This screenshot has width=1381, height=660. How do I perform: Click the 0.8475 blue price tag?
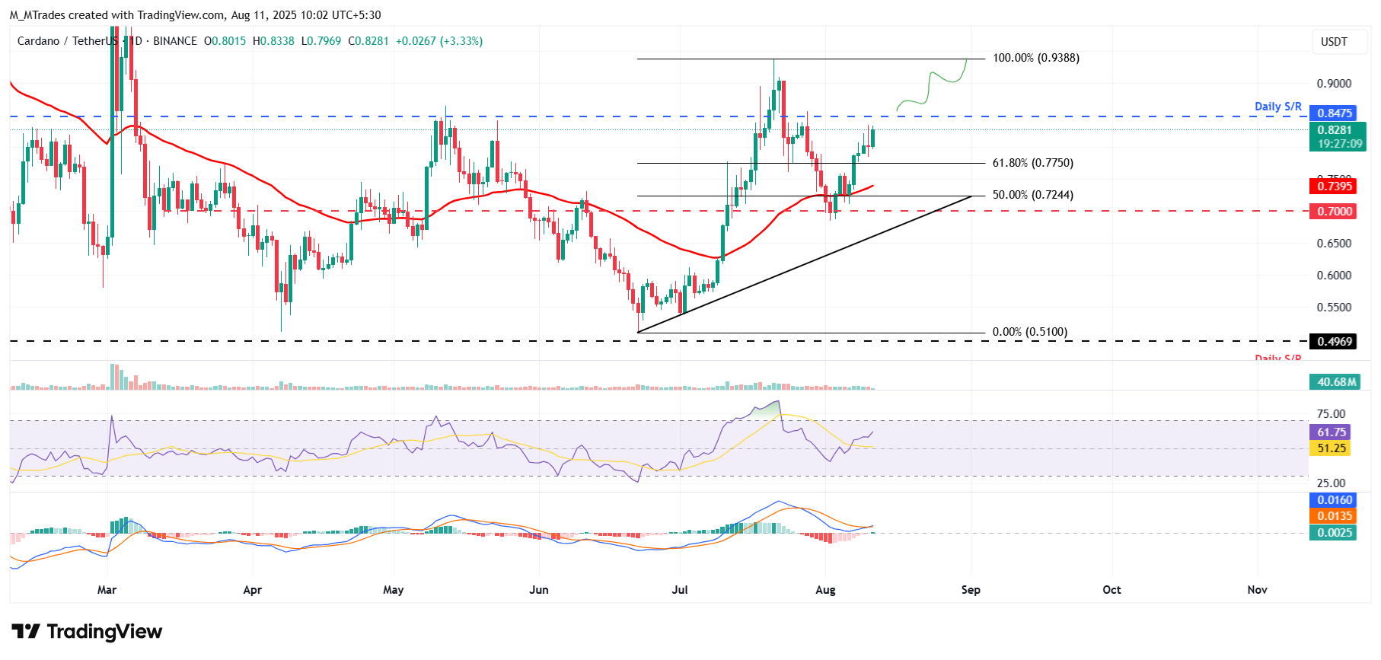1335,113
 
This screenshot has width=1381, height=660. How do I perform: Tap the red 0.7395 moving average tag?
1335,187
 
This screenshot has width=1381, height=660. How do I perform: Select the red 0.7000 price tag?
1335,212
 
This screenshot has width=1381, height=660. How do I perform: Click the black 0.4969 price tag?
1335,342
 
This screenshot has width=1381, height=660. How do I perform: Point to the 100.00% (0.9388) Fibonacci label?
1035,58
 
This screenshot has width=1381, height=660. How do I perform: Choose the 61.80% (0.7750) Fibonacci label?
1032,163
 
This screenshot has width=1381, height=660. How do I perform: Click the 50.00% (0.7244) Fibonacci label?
1032,195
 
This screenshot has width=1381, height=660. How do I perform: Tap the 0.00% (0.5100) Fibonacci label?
1029,332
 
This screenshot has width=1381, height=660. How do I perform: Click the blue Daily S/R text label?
1278,107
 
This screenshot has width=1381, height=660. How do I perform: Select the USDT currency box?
1334,42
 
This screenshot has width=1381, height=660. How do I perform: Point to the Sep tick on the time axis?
971,590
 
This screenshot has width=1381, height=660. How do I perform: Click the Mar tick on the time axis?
107,590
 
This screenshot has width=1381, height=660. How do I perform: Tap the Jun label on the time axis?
539,590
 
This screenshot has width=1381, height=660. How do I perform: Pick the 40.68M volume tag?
1335,382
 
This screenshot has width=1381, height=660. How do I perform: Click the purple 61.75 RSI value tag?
1332,432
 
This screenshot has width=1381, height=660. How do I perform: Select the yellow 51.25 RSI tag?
1332,448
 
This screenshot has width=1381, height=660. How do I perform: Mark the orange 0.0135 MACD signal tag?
1335,516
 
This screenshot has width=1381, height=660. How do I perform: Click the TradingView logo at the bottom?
87,632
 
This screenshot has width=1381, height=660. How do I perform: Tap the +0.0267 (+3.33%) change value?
439,41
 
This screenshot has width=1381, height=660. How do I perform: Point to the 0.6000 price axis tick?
1334,276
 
